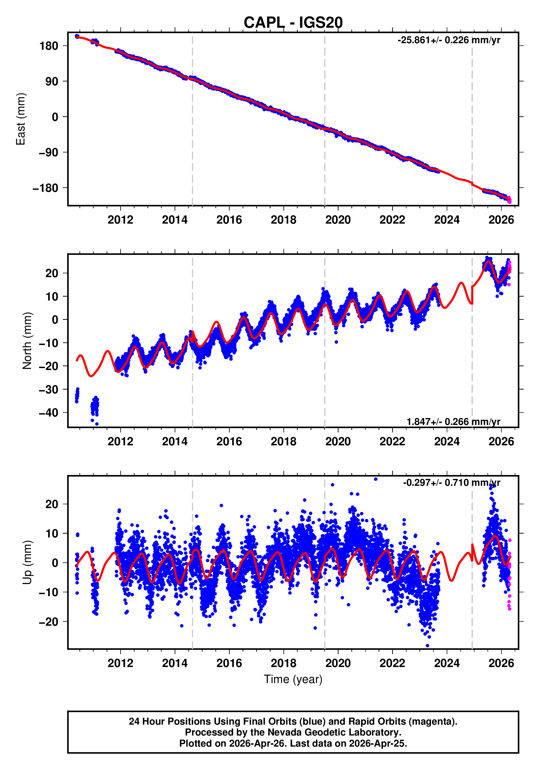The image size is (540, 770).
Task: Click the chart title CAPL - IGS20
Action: click(293, 23)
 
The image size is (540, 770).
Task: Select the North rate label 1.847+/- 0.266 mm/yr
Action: click(454, 422)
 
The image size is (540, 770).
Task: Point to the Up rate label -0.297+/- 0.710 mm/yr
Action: click(451, 483)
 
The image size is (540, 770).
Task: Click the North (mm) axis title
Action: click(27, 341)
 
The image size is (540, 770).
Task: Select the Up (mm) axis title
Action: click(27, 562)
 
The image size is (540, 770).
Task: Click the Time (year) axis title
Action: click(293, 680)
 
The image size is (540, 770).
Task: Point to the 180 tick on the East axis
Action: click(49, 46)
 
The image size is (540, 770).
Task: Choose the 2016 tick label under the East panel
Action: click(229, 220)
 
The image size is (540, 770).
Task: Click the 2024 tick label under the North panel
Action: click(447, 442)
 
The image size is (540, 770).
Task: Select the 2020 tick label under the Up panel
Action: click(338, 663)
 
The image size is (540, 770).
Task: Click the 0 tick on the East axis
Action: click(55, 117)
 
